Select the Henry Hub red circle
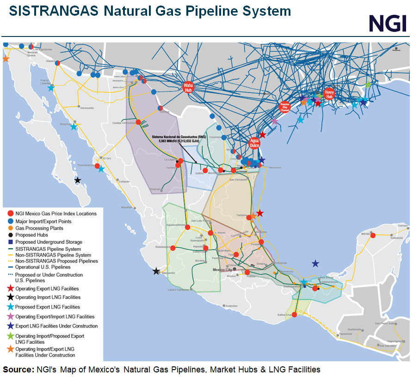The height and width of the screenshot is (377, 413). pyautogui.click(x=329, y=92)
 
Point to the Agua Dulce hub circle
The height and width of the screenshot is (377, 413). pyautogui.click(x=254, y=143)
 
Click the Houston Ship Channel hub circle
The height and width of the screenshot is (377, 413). pyautogui.click(x=284, y=106)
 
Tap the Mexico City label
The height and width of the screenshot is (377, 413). pyautogui.click(x=221, y=269)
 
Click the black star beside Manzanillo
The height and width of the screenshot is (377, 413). pyautogui.click(x=156, y=271)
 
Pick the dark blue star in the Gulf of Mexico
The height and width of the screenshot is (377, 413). pyautogui.click(x=315, y=263)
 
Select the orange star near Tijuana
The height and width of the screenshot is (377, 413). pyautogui.click(x=6, y=59)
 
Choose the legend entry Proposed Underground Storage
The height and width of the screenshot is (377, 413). pyautogui.click(x=49, y=242)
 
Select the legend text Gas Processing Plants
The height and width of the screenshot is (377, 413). pyautogui.click(x=39, y=228)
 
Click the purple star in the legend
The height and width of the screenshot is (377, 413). pyautogui.click(x=10, y=316)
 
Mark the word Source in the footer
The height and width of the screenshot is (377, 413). pyautogui.click(x=17, y=370)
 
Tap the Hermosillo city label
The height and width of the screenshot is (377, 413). pyautogui.click(x=86, y=108)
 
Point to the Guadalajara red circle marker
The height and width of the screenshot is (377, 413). pyautogui.click(x=173, y=248)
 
